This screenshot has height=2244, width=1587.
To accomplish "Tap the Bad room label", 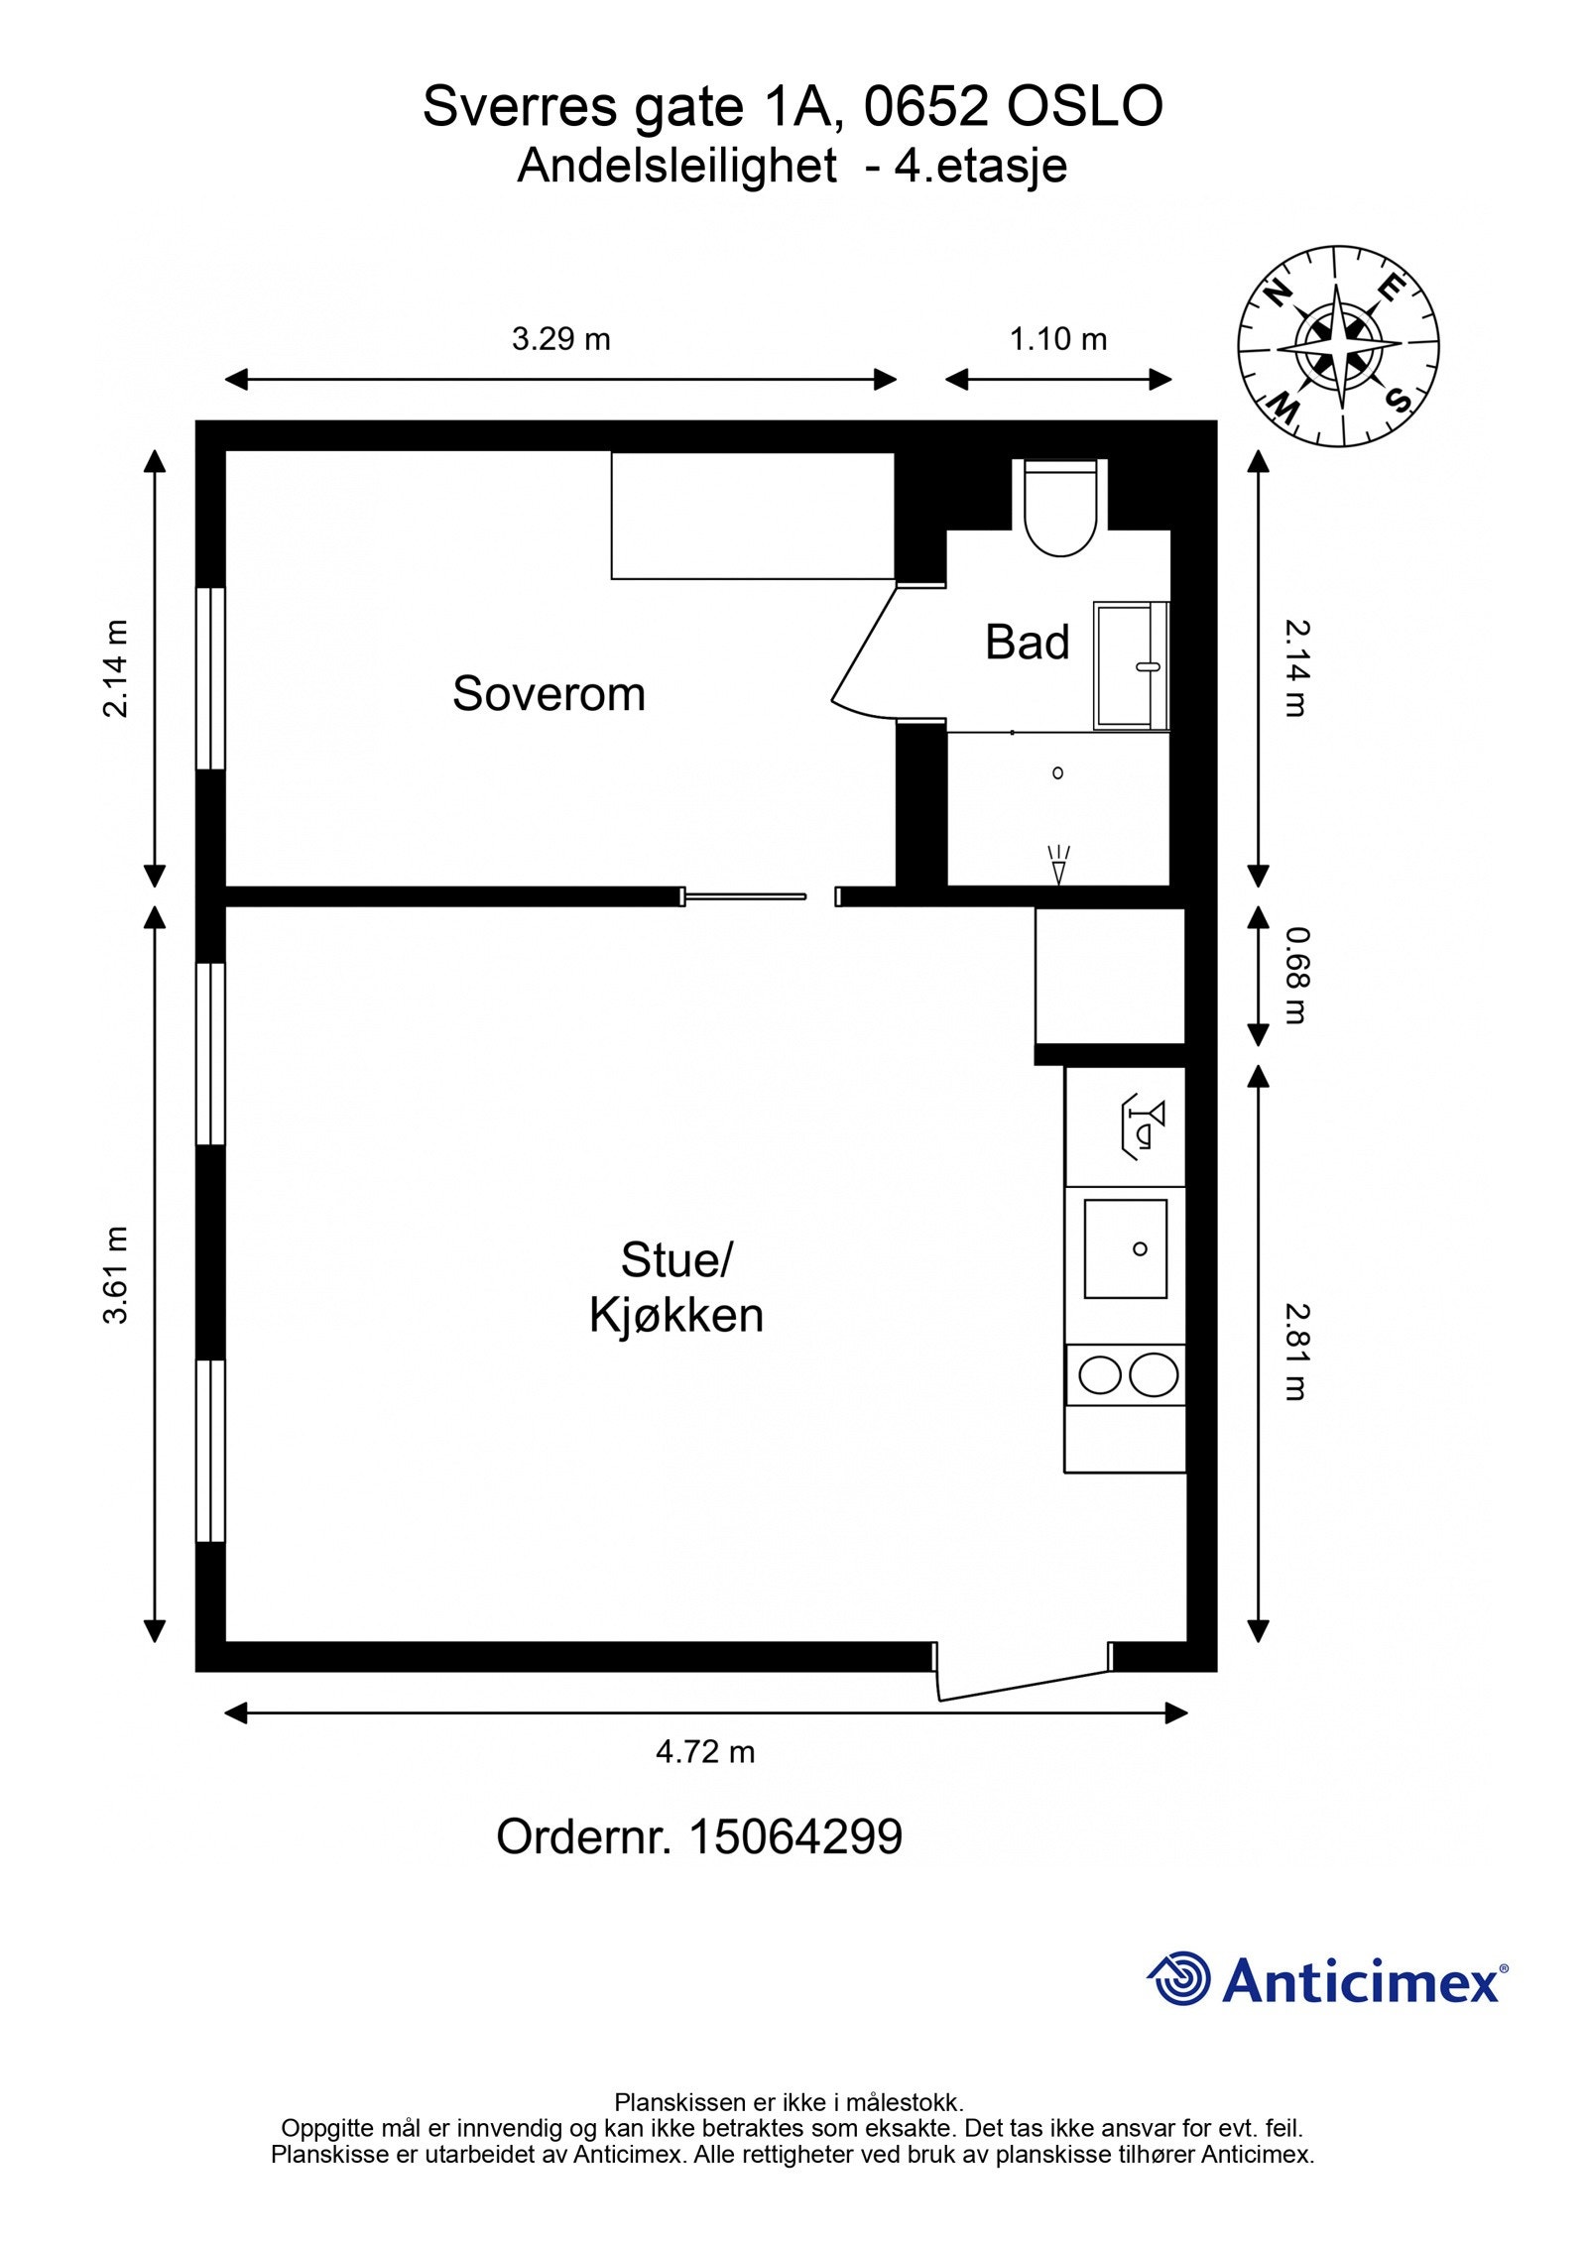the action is (1027, 643).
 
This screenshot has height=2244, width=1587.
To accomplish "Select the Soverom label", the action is (549, 694).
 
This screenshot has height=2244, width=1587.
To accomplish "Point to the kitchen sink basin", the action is (1125, 1248).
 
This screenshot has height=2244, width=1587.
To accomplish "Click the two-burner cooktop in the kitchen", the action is (1126, 1375).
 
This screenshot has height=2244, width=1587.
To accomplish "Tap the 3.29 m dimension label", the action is (561, 339).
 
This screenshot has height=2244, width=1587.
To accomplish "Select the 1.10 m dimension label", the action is (1057, 339).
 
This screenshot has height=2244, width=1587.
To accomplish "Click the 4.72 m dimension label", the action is (705, 1780).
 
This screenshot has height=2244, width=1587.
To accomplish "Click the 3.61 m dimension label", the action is (116, 1275).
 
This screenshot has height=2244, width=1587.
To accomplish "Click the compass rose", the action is (1338, 346).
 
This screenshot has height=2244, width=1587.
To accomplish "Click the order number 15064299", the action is (795, 1865).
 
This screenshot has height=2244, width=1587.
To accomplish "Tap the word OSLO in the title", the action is (1085, 107).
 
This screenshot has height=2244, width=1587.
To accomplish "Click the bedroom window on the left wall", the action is (210, 679).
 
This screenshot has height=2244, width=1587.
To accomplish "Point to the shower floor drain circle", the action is (1057, 772).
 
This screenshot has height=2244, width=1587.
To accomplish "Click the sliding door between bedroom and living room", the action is (744, 896).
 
